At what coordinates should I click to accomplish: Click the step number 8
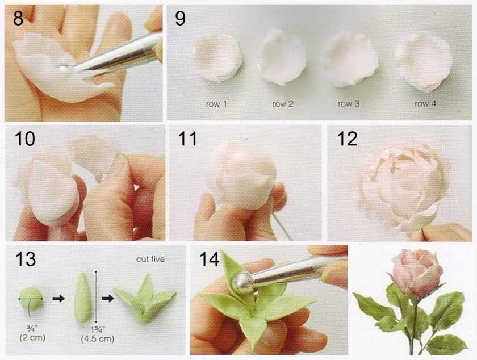(18, 18)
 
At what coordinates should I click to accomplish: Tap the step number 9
(180, 18)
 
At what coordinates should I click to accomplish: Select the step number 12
(347, 139)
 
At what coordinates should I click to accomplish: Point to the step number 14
(209, 259)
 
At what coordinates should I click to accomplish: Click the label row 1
(216, 104)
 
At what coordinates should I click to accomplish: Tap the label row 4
(425, 104)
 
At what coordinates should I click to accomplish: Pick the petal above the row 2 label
(282, 57)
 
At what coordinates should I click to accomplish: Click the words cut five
(150, 259)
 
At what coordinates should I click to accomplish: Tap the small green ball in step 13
(31, 299)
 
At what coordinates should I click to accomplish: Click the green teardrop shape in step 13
(83, 298)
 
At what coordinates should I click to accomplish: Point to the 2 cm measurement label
(32, 337)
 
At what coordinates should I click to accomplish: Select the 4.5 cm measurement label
(98, 338)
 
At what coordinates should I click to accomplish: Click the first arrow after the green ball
(58, 299)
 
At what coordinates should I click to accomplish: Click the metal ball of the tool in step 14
(242, 283)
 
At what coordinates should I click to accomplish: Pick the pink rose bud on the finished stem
(417, 272)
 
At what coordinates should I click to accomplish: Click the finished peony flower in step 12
(403, 185)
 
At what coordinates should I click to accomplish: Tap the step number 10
(24, 139)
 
